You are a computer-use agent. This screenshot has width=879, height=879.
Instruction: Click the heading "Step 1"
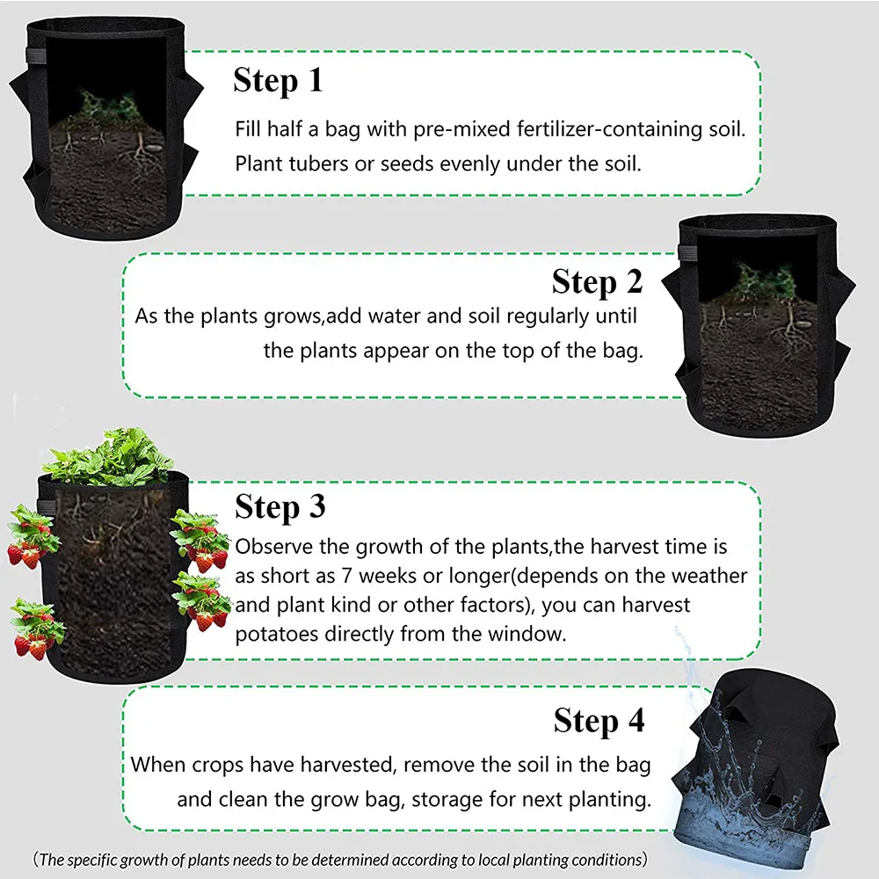[278, 81]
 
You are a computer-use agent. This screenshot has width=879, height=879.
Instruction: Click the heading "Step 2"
[597, 282]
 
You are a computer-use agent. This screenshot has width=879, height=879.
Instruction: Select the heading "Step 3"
[280, 507]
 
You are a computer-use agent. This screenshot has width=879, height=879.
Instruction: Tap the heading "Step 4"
[599, 722]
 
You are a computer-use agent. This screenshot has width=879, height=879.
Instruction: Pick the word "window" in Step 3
[524, 634]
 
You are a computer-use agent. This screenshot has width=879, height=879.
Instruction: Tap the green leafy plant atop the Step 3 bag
[110, 457]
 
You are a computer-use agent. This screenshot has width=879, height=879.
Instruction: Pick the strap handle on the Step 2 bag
[685, 253]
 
